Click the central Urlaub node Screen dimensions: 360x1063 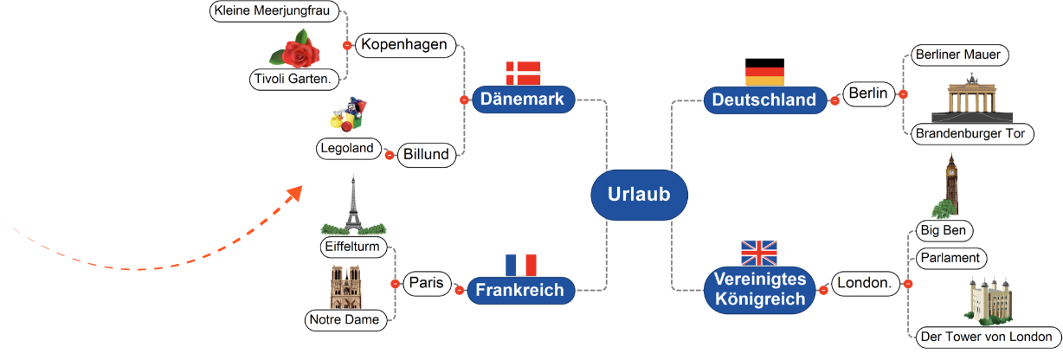[639, 195]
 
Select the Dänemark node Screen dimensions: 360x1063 [523, 100]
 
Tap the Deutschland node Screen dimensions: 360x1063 [763, 100]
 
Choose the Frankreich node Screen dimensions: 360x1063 [520, 291]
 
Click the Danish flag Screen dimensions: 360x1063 [523, 72]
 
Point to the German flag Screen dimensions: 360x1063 [764, 71]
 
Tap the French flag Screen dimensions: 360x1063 [521, 264]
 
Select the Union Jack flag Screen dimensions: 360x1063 [759, 253]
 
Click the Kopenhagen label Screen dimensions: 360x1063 [405, 45]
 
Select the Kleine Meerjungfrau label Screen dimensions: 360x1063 [274, 11]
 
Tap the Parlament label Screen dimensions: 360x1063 [949, 258]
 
